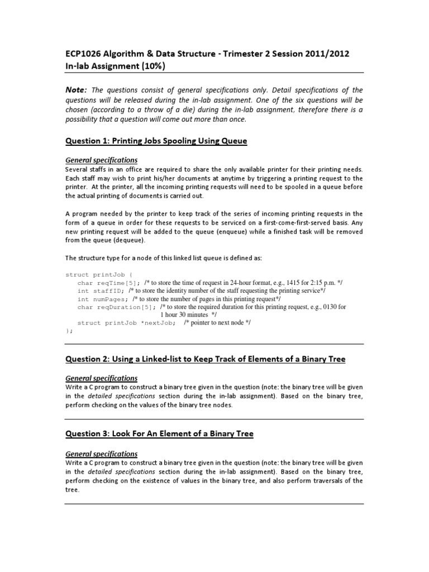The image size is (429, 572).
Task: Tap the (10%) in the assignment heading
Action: (151, 66)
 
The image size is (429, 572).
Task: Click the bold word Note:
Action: (76, 90)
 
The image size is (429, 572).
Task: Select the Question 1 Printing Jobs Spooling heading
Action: (156, 141)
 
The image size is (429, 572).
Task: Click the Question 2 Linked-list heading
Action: (205, 359)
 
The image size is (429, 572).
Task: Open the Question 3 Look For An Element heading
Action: (159, 434)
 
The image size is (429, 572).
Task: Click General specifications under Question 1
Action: (101, 160)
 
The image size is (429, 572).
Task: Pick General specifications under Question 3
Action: (101, 454)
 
